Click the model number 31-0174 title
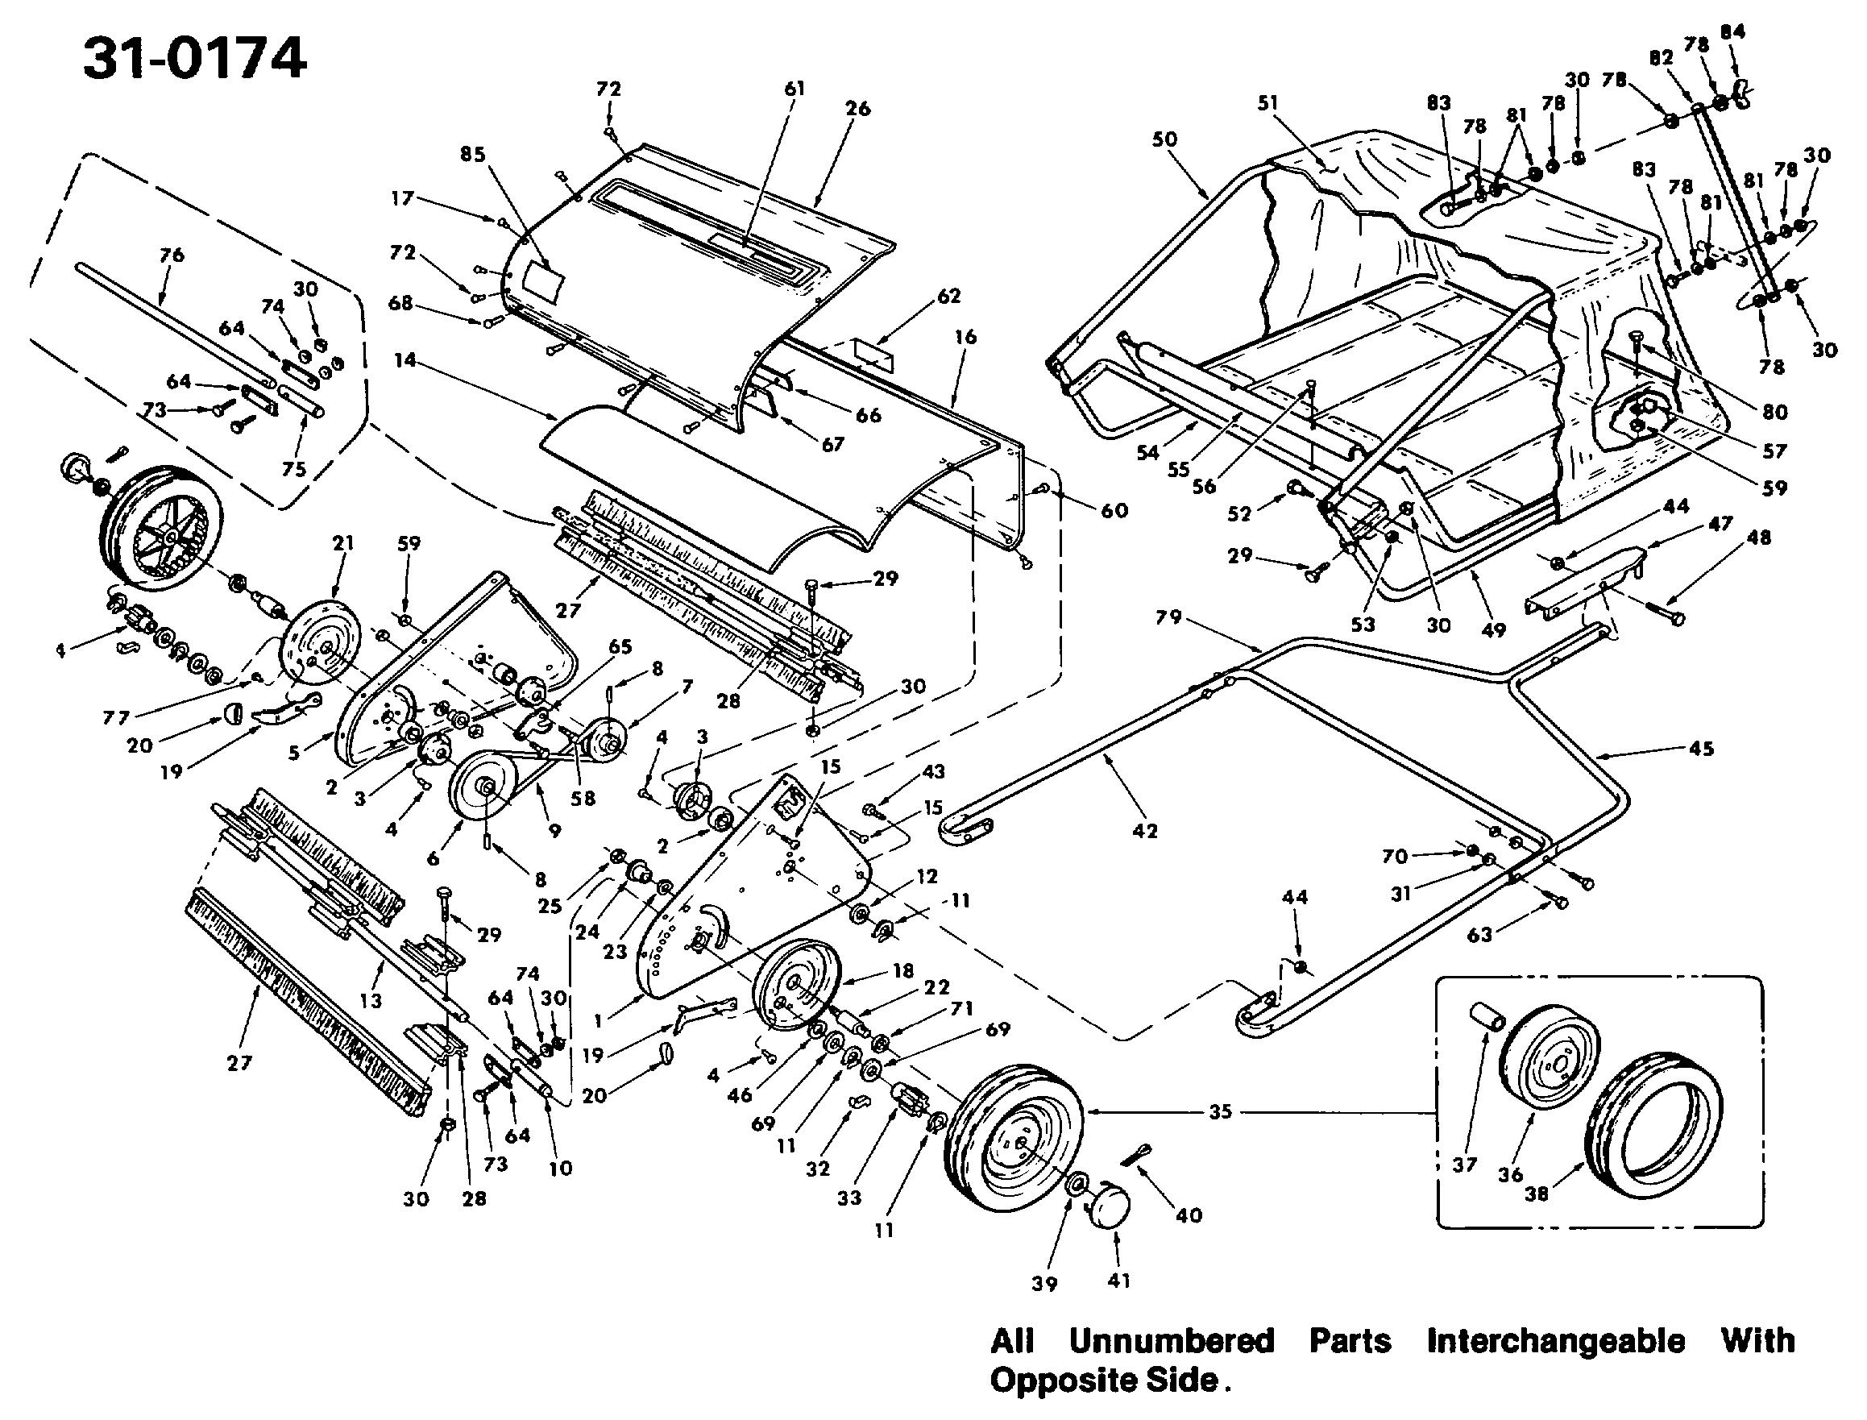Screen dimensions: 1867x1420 click(194, 60)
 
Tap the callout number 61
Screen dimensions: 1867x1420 click(795, 88)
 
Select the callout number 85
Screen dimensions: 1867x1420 click(473, 155)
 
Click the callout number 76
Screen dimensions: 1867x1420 click(172, 255)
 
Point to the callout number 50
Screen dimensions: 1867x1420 click(1164, 139)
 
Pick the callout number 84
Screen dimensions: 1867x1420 click(1732, 32)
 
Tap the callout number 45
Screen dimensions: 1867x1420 click(1701, 748)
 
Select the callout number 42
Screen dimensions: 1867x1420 click(1144, 831)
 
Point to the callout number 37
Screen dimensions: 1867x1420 click(1465, 1164)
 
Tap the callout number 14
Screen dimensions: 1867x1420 click(405, 360)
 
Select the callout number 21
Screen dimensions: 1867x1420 click(342, 543)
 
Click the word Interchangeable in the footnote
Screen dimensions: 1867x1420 click(1555, 1341)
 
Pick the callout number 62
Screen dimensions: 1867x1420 click(949, 296)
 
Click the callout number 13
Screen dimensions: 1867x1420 click(371, 1001)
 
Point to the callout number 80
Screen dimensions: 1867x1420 click(1775, 412)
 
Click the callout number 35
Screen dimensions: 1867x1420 click(1221, 1111)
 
